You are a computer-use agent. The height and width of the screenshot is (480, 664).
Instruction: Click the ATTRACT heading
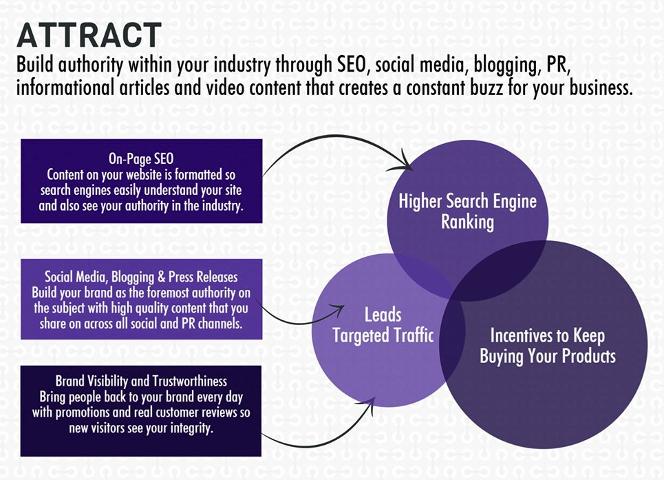89,35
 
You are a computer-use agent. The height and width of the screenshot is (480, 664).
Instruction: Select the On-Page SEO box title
140,158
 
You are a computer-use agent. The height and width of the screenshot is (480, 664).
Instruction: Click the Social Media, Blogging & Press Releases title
141,277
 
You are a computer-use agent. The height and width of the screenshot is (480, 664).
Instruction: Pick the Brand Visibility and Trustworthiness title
141,380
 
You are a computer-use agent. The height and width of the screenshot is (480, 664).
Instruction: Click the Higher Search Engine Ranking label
468,211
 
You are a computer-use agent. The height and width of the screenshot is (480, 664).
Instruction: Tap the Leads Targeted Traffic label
383,325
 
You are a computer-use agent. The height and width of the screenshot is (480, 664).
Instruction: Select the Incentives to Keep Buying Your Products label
547,346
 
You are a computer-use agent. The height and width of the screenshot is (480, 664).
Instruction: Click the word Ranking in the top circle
468,222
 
